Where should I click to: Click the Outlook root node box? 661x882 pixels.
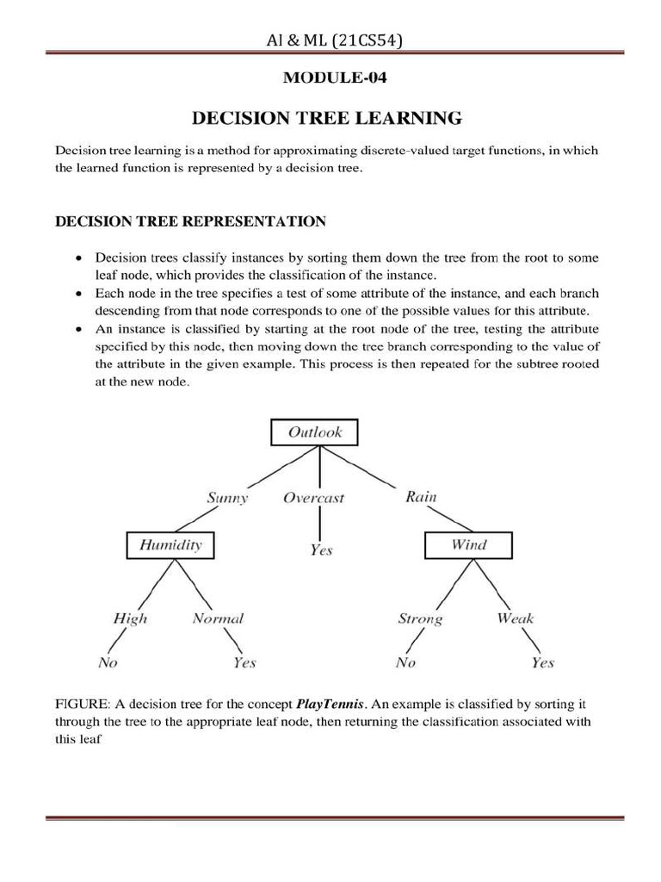(x=314, y=432)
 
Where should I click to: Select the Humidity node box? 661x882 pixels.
(x=170, y=544)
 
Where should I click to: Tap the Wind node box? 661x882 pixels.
(x=468, y=544)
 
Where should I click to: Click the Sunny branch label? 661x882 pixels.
(x=227, y=498)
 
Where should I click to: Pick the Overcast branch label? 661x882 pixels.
(x=313, y=498)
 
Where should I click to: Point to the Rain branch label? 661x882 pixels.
(x=421, y=497)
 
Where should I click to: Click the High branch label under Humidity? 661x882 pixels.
(x=130, y=618)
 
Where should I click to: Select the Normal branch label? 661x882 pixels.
(x=218, y=618)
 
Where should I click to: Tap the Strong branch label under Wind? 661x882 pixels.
(x=420, y=618)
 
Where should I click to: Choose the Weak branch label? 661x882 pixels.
(x=515, y=618)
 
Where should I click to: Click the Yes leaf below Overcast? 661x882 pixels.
(x=320, y=550)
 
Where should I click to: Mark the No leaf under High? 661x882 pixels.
(x=108, y=662)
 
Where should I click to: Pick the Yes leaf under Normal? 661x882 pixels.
(x=244, y=662)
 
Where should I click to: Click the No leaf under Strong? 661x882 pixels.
(x=405, y=662)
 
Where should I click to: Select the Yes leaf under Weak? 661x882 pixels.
(x=542, y=662)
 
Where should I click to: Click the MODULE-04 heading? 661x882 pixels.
(x=334, y=78)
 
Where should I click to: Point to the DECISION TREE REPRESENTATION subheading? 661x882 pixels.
(x=190, y=221)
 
